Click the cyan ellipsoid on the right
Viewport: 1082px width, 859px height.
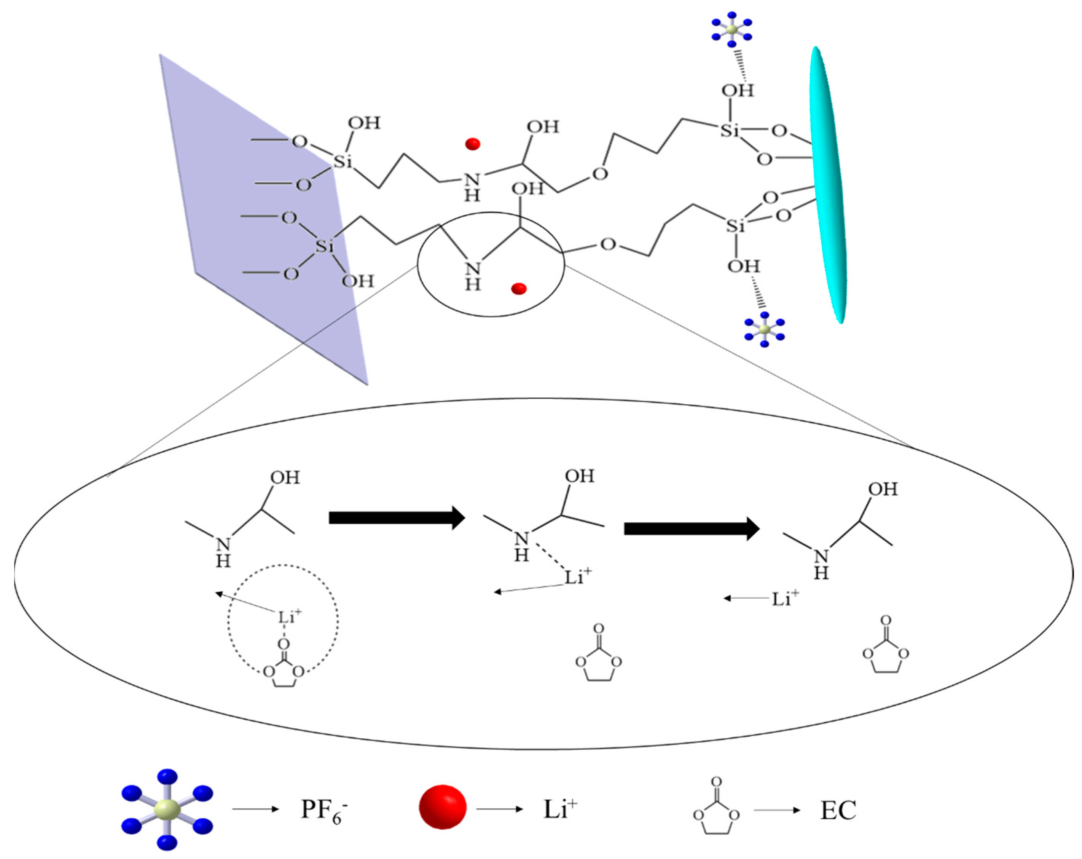(x=828, y=186)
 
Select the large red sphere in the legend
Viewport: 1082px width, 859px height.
(x=443, y=807)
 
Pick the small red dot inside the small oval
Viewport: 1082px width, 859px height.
(x=518, y=289)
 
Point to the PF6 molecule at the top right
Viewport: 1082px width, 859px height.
(x=732, y=29)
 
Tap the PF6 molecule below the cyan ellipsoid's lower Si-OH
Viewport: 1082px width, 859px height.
(x=764, y=329)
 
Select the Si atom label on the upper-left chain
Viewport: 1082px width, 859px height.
(x=343, y=162)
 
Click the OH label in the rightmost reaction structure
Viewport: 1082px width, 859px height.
(x=883, y=489)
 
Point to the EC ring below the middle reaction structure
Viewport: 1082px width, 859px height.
(x=598, y=655)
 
